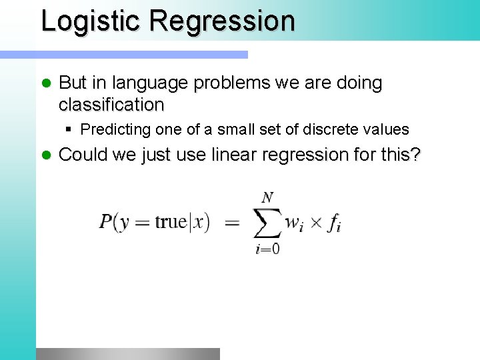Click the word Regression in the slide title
(x=222, y=21)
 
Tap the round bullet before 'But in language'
(x=46, y=83)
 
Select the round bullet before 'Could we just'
(x=46, y=155)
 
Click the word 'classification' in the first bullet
(x=111, y=105)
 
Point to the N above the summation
(x=267, y=197)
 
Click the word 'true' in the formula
(x=171, y=222)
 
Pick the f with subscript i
(x=334, y=223)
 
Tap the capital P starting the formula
(x=105, y=222)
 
